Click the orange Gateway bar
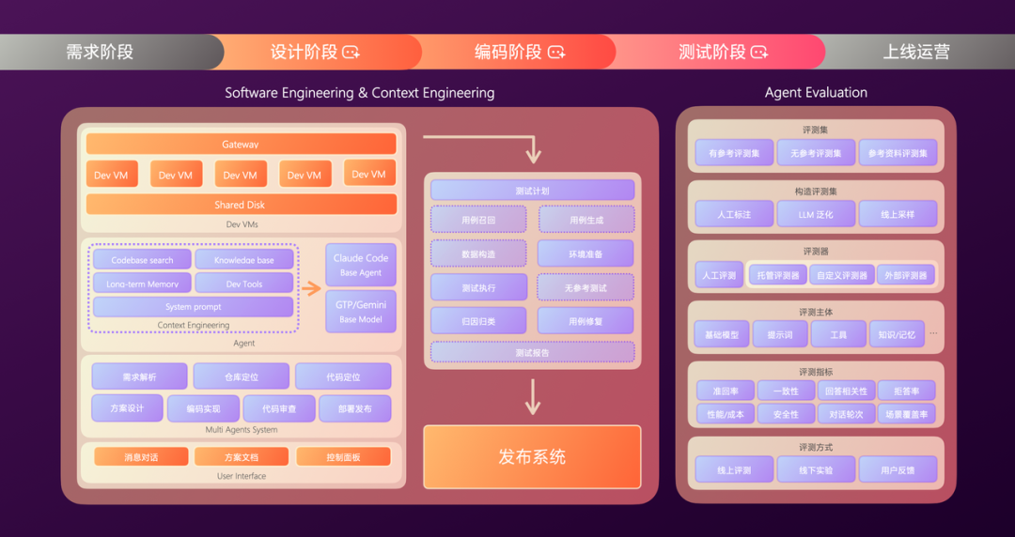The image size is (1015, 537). [x=241, y=145]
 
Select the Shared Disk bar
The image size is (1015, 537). [x=241, y=205]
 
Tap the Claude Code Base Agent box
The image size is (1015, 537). [x=361, y=265]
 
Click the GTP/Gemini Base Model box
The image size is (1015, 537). [x=361, y=312]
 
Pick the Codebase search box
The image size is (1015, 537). [x=142, y=260]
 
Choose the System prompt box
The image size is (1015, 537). [x=193, y=307]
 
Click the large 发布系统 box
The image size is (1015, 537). [x=532, y=457]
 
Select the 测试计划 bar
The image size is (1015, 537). [x=532, y=191]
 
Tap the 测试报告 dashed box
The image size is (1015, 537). [x=532, y=352]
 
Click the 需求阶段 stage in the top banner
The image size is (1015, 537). [x=100, y=52]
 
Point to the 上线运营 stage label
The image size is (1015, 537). [x=915, y=52]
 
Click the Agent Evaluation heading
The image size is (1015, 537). [x=816, y=92]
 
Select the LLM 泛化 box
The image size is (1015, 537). [x=816, y=214]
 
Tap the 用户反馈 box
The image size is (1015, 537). [x=898, y=470]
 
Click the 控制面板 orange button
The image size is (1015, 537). [x=343, y=457]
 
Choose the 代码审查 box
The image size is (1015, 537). [x=279, y=408]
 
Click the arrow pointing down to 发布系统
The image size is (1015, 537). [x=532, y=397]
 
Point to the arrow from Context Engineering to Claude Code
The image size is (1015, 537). [x=310, y=288]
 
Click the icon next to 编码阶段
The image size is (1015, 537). [x=556, y=53]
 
